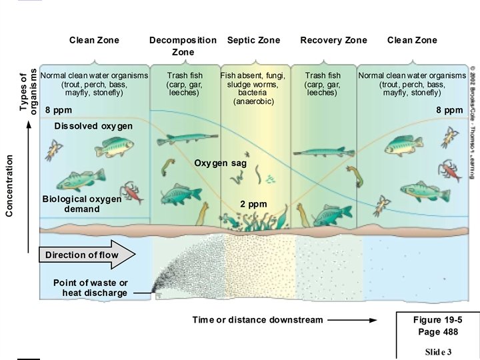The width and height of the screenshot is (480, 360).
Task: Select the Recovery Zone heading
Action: point(333,40)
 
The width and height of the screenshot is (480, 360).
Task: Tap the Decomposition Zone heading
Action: point(183,45)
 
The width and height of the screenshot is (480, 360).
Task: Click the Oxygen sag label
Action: point(221,163)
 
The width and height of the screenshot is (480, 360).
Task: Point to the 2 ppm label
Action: point(253,204)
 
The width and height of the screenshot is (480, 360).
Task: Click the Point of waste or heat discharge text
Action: point(91,287)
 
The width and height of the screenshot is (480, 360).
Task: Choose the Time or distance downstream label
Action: point(257,320)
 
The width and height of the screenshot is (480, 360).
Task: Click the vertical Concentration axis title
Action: point(9,185)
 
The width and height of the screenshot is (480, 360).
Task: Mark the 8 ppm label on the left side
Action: point(57,109)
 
